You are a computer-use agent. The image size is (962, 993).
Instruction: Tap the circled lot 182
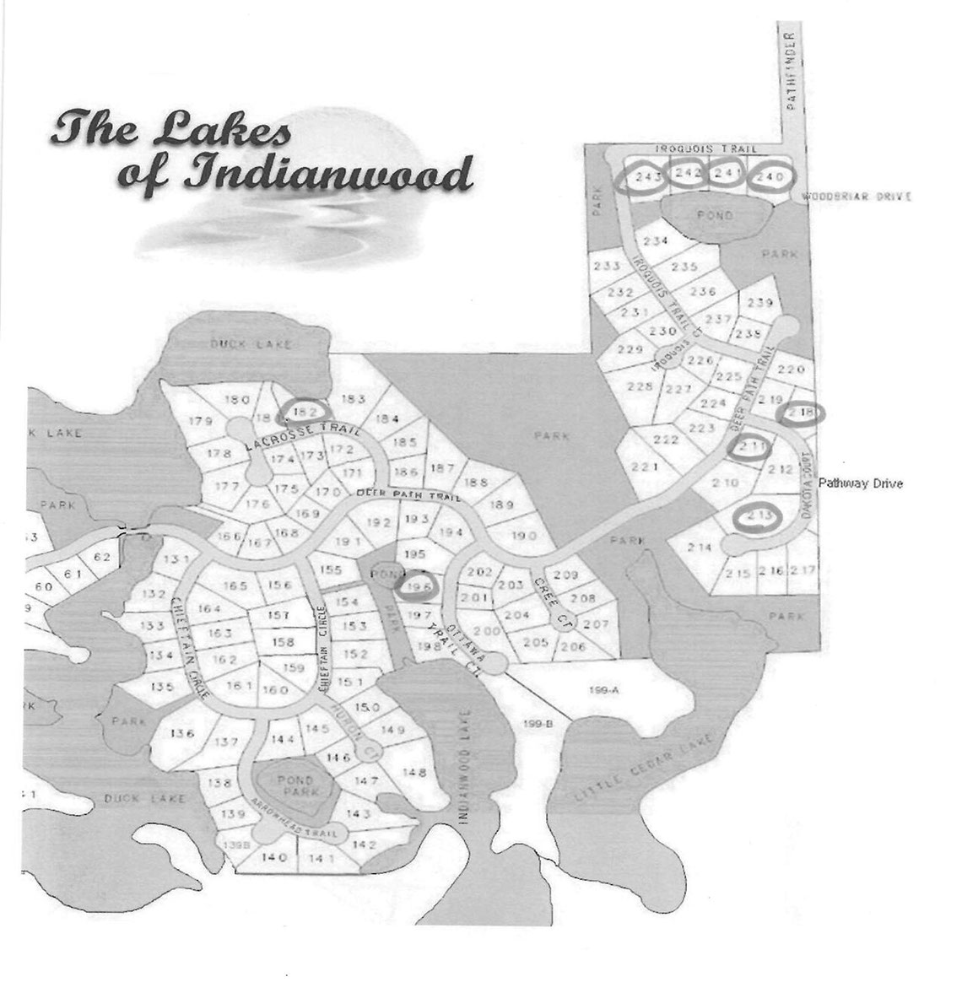[305, 411]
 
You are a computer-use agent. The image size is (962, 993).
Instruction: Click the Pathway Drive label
[860, 483]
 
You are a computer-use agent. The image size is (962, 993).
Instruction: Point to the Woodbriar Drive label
[856, 197]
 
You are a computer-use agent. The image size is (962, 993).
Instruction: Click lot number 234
[661, 241]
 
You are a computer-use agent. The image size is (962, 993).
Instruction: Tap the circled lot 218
[802, 413]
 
